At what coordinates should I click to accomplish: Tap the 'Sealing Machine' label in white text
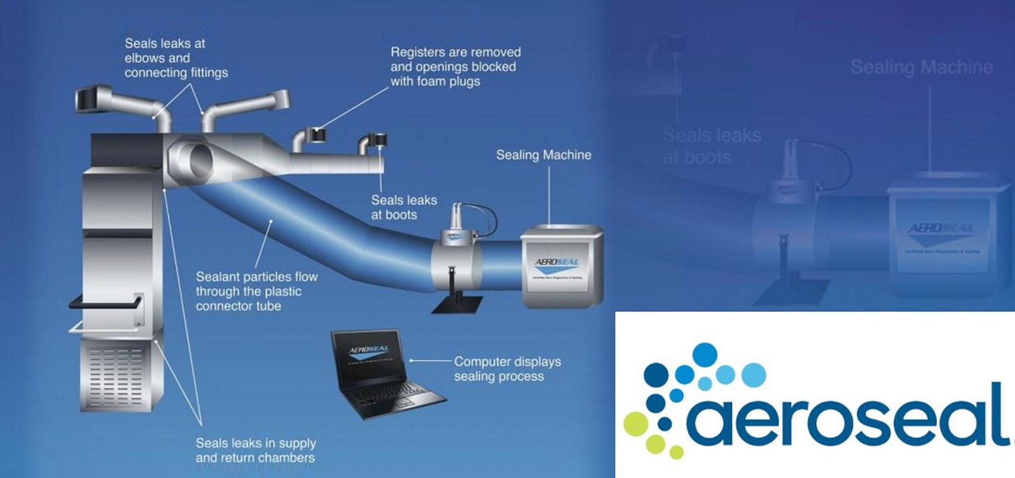point(543,155)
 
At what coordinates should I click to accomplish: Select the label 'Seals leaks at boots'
point(404,207)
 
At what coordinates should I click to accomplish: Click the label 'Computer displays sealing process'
point(507,369)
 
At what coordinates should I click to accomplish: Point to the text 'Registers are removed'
point(455,52)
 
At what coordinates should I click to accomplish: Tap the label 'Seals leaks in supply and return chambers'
point(255,450)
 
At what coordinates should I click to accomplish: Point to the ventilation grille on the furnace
point(124,373)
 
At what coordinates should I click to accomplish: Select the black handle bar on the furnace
point(105,301)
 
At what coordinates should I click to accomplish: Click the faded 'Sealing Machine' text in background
point(922,68)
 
